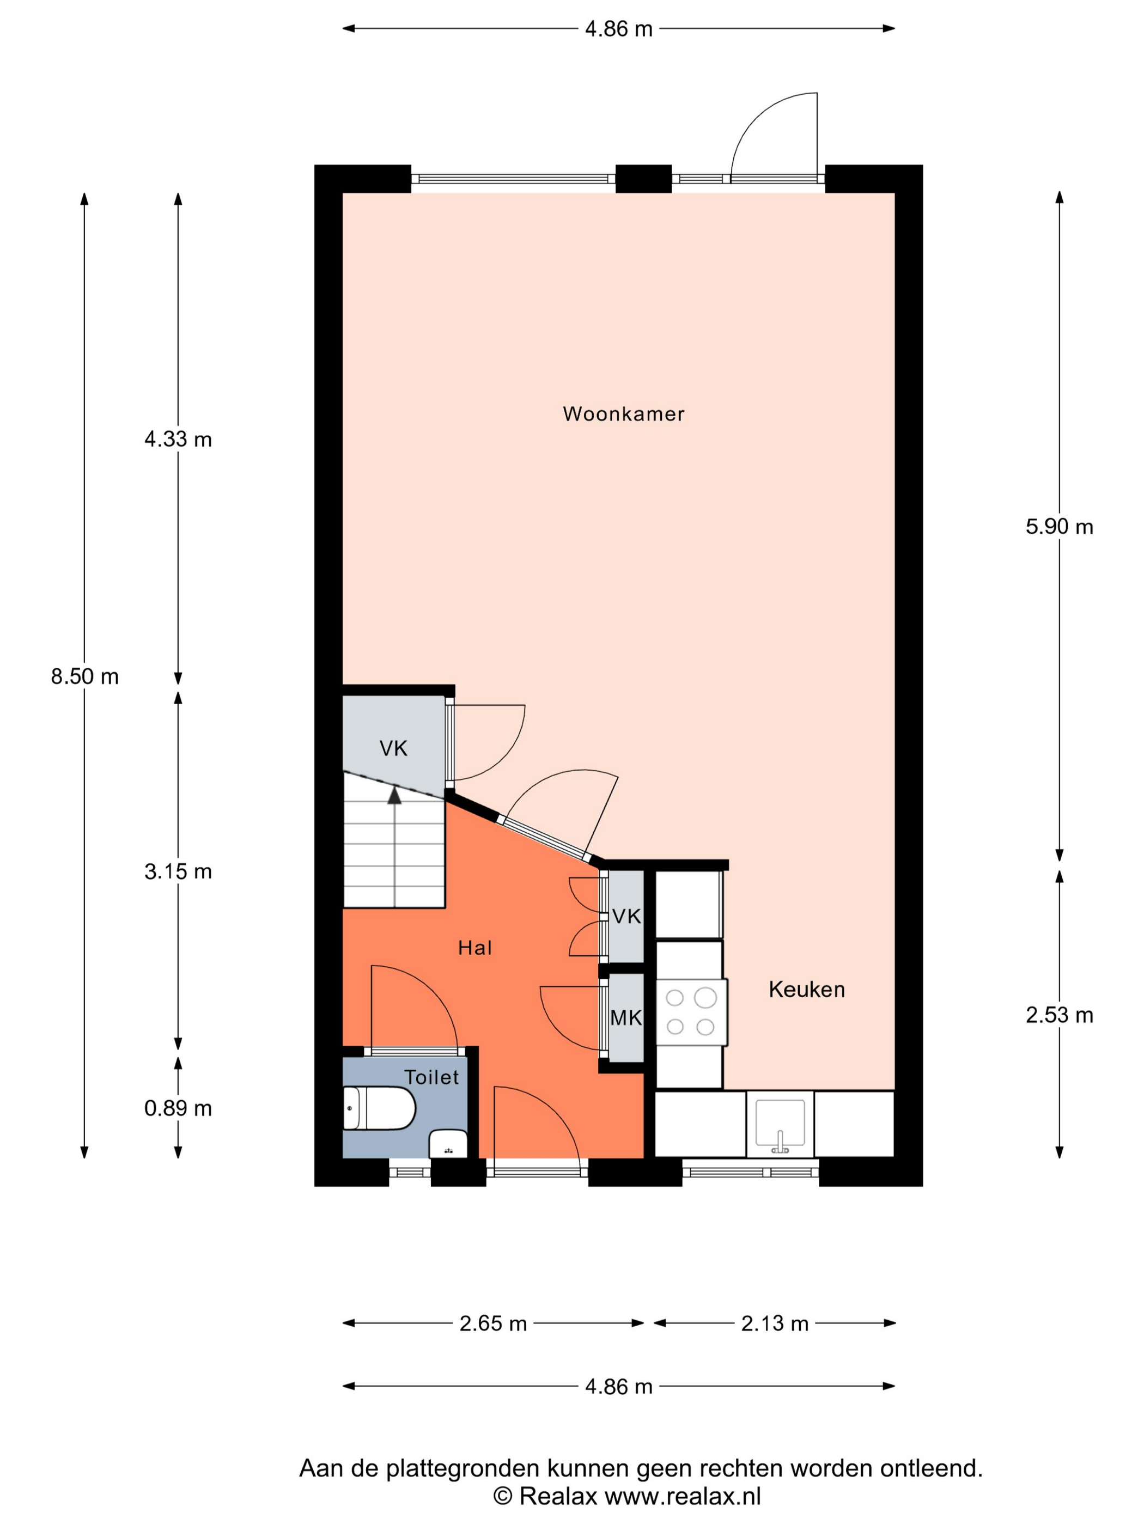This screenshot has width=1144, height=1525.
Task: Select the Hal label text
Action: [475, 948]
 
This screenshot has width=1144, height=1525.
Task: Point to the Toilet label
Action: [431, 1077]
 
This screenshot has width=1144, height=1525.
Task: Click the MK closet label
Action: [626, 1017]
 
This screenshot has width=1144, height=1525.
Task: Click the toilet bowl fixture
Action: [379, 1108]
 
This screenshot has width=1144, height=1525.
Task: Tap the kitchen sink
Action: [780, 1125]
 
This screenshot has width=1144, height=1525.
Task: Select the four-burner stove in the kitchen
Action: [691, 1012]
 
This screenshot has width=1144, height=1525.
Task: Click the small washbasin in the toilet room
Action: [448, 1144]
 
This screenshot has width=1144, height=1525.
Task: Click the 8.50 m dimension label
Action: [85, 677]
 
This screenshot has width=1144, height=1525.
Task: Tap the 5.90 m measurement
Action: [1059, 527]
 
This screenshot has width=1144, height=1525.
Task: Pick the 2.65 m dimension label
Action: [493, 1323]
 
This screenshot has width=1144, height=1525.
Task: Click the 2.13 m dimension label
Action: [775, 1323]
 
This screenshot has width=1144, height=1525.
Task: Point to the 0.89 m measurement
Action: [178, 1108]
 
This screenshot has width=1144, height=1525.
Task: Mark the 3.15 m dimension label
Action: [178, 872]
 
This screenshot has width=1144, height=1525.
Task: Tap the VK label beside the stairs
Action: [393, 749]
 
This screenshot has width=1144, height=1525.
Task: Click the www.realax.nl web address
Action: [683, 1497]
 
